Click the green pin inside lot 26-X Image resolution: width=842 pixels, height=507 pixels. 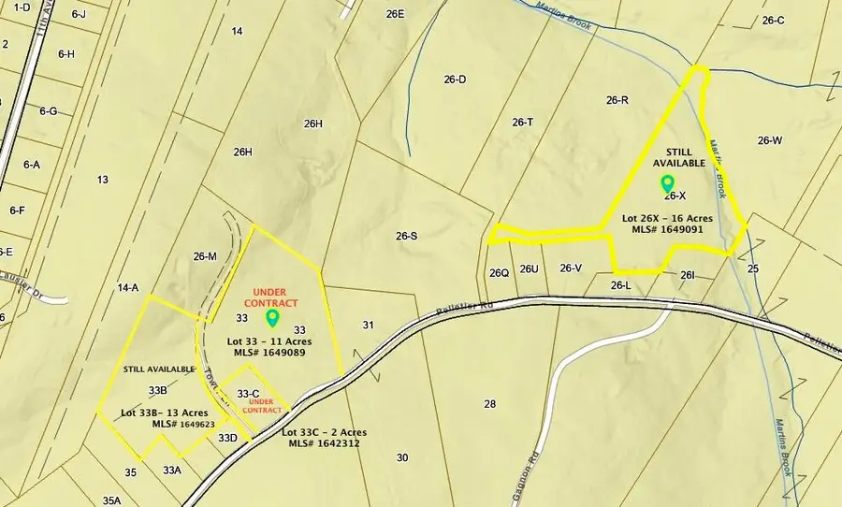pyautogui.click(x=667, y=182)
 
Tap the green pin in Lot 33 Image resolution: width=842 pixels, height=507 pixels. pyautogui.click(x=272, y=317)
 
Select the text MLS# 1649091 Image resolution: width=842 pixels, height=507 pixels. pyautogui.click(x=669, y=231)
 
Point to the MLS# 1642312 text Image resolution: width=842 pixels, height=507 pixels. pyautogui.click(x=324, y=444)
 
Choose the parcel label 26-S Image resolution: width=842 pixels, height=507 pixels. pyautogui.click(x=406, y=237)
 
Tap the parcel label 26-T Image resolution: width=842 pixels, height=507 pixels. pyautogui.click(x=523, y=123)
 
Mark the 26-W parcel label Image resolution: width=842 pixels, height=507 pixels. pyautogui.click(x=770, y=141)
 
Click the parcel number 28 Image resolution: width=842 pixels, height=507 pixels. pyautogui.click(x=489, y=404)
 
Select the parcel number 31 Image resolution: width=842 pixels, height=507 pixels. pyautogui.click(x=369, y=325)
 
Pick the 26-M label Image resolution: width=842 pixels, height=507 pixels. pyautogui.click(x=205, y=256)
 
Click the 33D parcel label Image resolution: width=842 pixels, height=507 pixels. pyautogui.click(x=227, y=437)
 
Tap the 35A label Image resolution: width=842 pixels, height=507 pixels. pyautogui.click(x=112, y=501)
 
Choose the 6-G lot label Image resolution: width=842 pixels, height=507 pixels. pyautogui.click(x=48, y=111)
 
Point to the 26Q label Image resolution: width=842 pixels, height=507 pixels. pyautogui.click(x=499, y=273)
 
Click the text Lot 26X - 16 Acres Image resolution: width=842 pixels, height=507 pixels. pyautogui.click(x=668, y=218)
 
